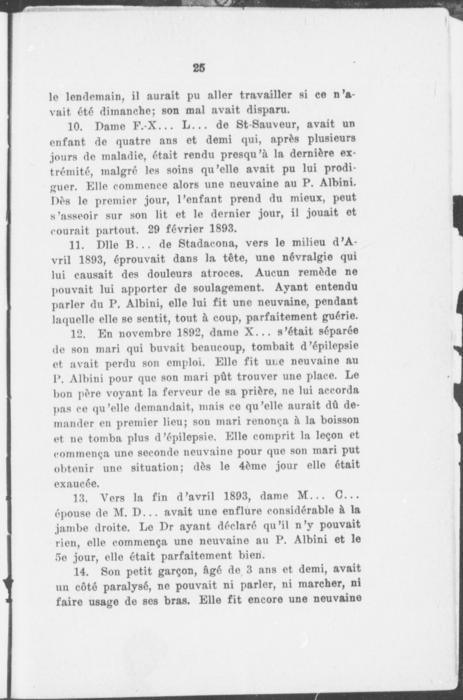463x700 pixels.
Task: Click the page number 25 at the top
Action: (199, 68)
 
